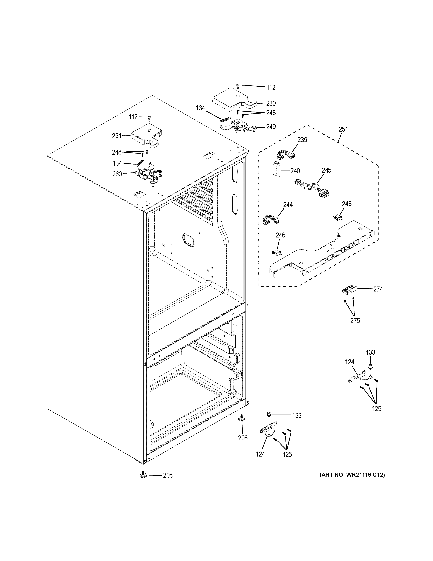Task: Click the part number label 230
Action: click(x=271, y=104)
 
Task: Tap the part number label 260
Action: click(x=117, y=174)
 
